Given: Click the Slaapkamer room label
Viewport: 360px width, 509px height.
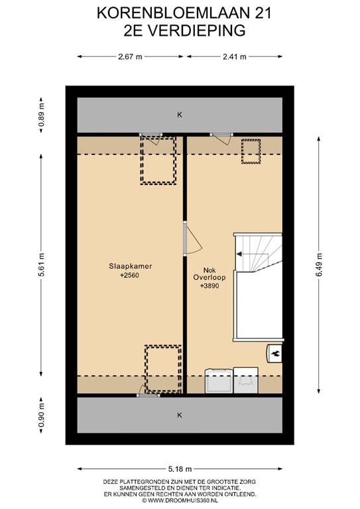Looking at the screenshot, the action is (130, 266).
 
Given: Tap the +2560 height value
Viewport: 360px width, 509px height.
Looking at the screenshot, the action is (129, 276).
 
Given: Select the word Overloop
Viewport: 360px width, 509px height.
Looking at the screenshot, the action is (210, 278).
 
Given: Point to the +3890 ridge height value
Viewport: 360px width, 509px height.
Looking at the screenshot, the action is (210, 286).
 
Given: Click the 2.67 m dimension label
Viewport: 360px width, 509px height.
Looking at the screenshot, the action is (130, 57).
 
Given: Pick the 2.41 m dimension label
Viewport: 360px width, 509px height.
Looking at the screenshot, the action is (235, 57).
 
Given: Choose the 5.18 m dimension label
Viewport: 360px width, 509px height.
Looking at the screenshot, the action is (180, 469).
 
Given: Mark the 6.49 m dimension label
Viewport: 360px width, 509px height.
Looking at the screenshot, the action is (319, 264).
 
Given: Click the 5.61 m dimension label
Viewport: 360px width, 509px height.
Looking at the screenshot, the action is (41, 264).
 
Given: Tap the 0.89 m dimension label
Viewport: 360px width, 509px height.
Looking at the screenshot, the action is (41, 115).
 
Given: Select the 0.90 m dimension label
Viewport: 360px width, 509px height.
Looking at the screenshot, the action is (41, 416).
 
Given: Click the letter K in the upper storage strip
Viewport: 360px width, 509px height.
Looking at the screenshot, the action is (180, 115).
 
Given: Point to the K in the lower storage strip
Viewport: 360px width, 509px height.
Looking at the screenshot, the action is (180, 415).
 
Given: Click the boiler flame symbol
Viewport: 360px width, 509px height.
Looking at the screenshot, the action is (276, 353).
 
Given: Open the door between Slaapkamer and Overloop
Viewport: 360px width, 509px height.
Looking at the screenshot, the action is (192, 238).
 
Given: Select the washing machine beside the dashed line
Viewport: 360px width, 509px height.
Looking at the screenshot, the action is (219, 380).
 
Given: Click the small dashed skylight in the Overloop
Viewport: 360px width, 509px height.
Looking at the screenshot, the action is (251, 151).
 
